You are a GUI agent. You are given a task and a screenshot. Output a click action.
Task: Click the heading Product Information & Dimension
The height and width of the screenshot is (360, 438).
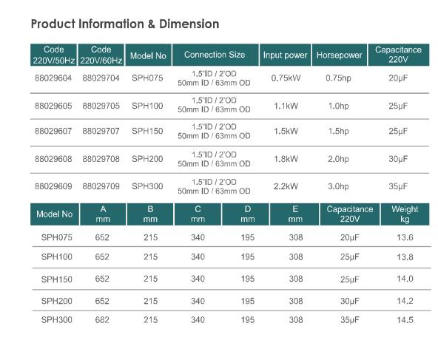pos(125,24)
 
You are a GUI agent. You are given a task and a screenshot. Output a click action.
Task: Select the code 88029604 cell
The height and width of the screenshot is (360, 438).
pos(53,78)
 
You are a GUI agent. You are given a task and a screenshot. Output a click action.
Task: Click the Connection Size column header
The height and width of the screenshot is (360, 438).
pos(215,55)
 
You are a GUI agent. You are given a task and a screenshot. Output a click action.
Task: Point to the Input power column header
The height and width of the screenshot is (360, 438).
pos(285,55)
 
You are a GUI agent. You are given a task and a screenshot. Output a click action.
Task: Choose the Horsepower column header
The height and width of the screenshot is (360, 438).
pos(338,55)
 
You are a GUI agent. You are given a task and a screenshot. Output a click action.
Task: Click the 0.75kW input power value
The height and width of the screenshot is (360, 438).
pos(285,78)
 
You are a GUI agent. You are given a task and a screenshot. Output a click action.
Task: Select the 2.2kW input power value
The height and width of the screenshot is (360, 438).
pos(285,186)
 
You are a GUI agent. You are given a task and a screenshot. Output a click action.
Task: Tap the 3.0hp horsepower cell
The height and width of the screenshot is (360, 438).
pos(338,186)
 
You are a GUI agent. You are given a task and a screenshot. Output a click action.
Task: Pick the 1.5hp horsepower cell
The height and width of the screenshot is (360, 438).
pos(338,132)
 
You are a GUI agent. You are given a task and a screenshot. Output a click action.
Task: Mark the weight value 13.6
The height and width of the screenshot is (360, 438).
pos(405,237)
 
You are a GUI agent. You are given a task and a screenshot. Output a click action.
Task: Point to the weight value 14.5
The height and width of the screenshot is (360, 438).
pos(405,320)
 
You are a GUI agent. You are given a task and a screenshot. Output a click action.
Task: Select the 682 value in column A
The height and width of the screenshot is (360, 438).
pos(102,320)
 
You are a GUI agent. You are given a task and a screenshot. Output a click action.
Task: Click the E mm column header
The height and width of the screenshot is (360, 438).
pos(296,214)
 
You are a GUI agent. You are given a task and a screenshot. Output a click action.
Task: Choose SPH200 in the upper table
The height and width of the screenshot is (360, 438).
pos(147,159)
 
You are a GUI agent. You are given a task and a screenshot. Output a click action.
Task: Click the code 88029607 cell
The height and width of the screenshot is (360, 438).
pos(53,132)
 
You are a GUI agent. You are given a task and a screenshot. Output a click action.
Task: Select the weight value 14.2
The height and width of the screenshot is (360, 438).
pos(405,301)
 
